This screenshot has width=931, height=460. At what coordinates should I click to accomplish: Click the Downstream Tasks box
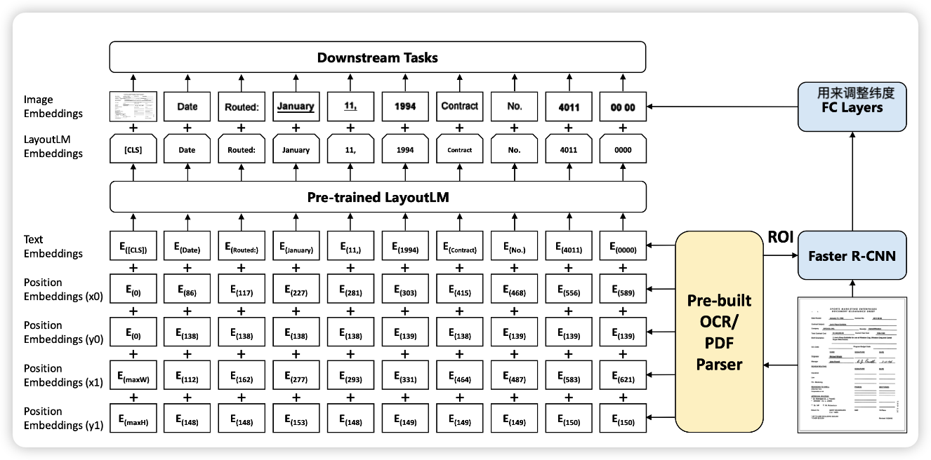(377, 57)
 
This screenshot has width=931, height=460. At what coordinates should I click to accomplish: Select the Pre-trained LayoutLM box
(377, 197)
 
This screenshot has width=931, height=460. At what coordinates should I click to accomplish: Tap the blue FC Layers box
(852, 107)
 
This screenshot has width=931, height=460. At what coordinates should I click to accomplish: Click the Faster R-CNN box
(852, 255)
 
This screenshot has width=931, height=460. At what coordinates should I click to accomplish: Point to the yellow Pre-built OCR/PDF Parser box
(719, 332)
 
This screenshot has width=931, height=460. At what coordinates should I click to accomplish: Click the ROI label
(780, 237)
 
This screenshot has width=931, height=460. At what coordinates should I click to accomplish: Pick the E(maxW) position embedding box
(132, 379)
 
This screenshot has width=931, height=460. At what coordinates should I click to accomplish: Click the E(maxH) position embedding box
(132, 421)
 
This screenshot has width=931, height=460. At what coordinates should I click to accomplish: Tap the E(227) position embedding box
(296, 293)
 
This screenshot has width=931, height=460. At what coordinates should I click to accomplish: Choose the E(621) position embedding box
(623, 379)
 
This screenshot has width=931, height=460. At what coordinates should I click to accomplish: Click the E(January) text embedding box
(296, 249)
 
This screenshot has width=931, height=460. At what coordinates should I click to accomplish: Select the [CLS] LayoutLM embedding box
(132, 149)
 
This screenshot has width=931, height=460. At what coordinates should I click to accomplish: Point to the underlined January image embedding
(296, 107)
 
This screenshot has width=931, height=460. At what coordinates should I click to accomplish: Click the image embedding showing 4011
(568, 107)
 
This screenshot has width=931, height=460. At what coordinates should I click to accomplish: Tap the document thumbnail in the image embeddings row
(132, 107)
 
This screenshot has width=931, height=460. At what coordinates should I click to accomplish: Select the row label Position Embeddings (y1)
(63, 418)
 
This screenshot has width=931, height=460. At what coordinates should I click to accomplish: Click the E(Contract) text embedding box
(459, 249)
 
